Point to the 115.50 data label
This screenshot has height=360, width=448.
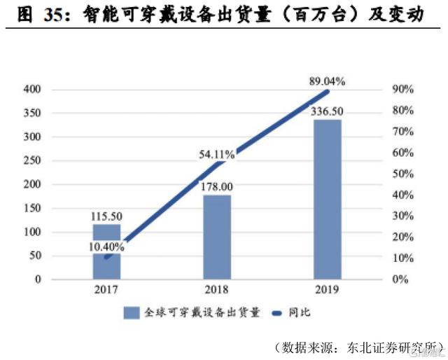coord(107,218)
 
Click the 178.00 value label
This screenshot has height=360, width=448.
coord(217,187)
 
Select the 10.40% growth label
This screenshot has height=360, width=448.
coord(107,246)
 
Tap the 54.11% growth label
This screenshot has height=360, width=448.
coord(218,153)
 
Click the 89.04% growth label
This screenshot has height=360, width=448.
coord(328,82)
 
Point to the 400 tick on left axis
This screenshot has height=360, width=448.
coord(33,90)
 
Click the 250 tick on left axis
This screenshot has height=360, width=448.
coord(33,161)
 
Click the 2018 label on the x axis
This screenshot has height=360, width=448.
coord(217,289)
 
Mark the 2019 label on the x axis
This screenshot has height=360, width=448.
coord(328,289)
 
